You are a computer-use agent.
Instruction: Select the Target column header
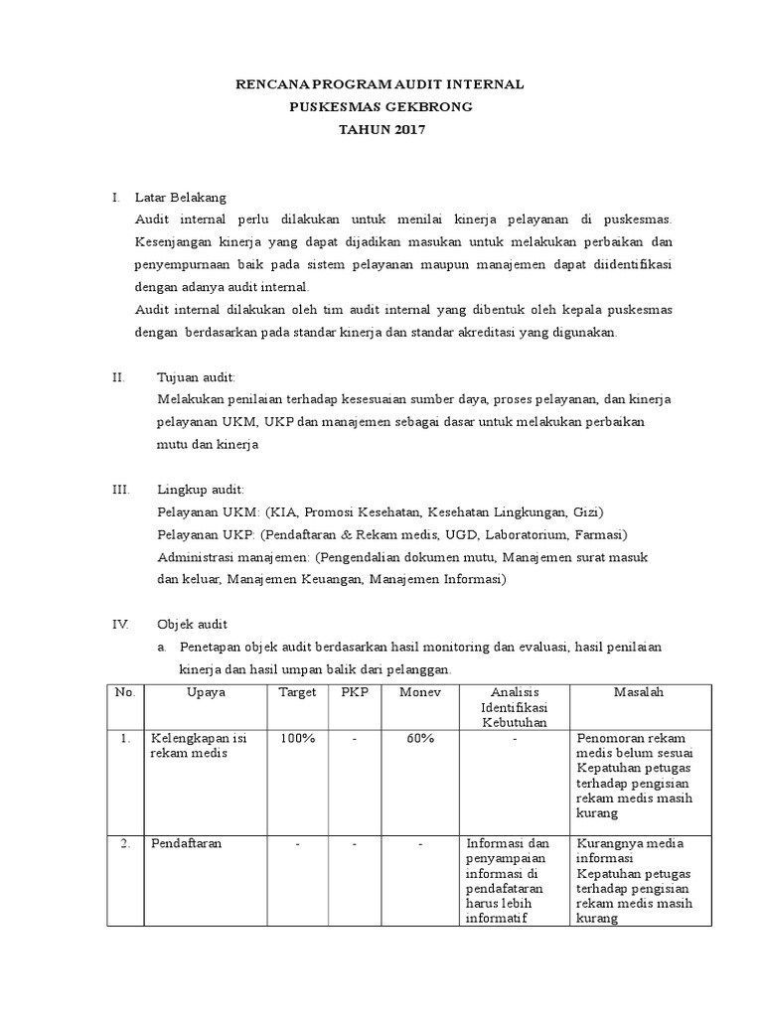[x=297, y=692]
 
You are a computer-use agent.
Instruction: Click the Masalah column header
[x=640, y=692]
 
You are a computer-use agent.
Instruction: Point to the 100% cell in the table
[x=297, y=739]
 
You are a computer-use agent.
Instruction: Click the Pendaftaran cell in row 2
[x=186, y=844]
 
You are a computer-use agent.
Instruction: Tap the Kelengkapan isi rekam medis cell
[x=198, y=746]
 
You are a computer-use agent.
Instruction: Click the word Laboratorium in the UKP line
[x=521, y=535]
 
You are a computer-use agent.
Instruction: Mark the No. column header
[x=124, y=692]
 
